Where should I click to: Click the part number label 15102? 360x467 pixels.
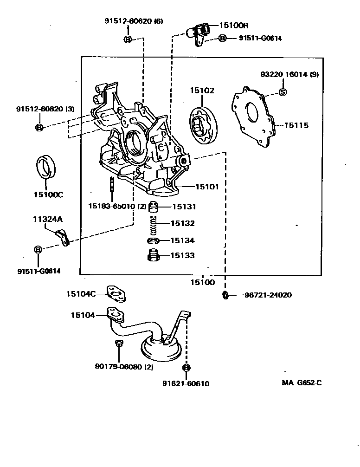click(x=201, y=91)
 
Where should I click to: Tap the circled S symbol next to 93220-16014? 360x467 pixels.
click(x=283, y=92)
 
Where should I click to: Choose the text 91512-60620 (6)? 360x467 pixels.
click(x=134, y=21)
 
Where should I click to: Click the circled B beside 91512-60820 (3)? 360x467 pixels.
click(x=39, y=127)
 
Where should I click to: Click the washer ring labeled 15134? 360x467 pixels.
click(x=153, y=240)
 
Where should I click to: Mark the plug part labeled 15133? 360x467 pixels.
click(x=153, y=255)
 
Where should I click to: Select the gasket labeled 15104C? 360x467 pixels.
click(x=116, y=293)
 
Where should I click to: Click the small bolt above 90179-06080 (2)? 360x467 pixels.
click(x=118, y=344)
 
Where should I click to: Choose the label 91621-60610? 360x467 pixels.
click(x=186, y=383)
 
